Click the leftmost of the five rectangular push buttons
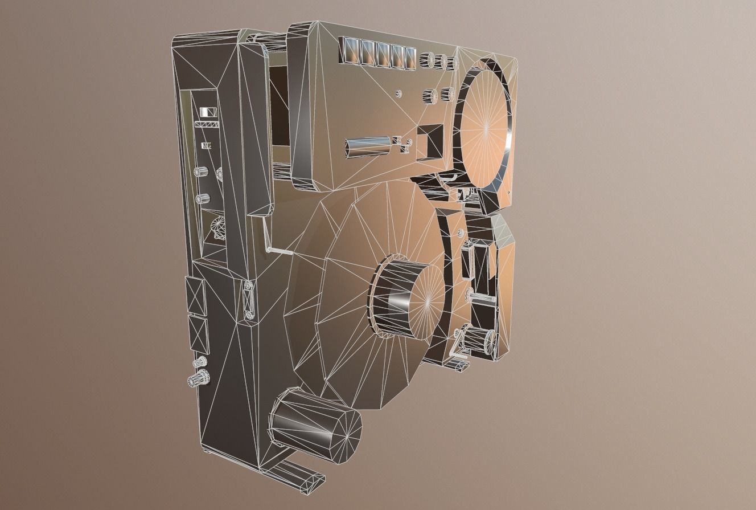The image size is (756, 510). [348, 51]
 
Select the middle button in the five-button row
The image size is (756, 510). [381, 53]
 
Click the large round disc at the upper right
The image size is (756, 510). [484, 129]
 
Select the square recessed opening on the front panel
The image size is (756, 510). [431, 141]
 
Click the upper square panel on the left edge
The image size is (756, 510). [195, 295]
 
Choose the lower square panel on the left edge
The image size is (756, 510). [199, 334]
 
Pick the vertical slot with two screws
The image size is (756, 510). [249, 300]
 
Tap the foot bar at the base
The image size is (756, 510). [299, 470]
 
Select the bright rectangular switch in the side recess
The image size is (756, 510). [208, 112]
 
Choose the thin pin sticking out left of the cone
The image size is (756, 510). [280, 249]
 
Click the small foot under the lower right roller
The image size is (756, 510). [458, 364]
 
